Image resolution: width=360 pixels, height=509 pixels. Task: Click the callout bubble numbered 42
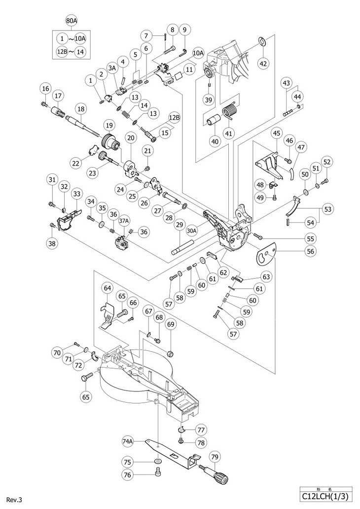point(263,63)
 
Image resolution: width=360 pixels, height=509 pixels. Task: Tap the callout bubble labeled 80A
point(72,21)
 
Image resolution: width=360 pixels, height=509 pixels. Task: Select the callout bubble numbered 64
point(108,288)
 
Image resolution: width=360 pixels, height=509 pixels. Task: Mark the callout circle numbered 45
point(277,134)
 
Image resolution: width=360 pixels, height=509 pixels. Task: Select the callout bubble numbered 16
point(46,88)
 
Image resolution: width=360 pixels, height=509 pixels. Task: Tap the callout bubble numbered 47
point(301,147)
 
